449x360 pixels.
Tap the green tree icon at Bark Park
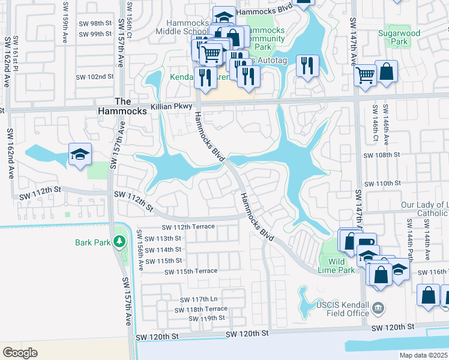(119, 242)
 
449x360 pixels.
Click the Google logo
(20, 352)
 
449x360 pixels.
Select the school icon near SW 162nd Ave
(80, 155)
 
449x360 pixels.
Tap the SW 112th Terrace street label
(188, 227)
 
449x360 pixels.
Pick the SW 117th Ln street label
(198, 299)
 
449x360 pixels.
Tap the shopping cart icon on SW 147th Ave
(365, 76)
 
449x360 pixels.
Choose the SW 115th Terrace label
(191, 271)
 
